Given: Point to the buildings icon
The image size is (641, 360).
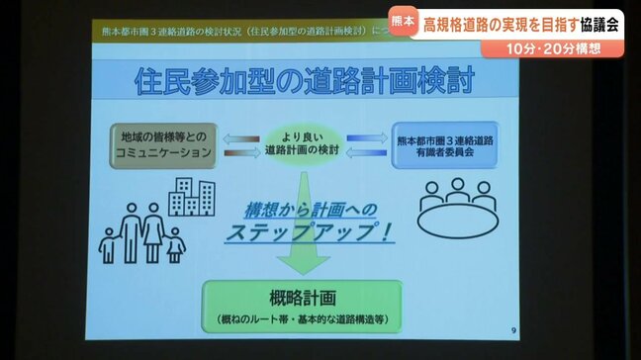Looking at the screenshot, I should click(x=192, y=197).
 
